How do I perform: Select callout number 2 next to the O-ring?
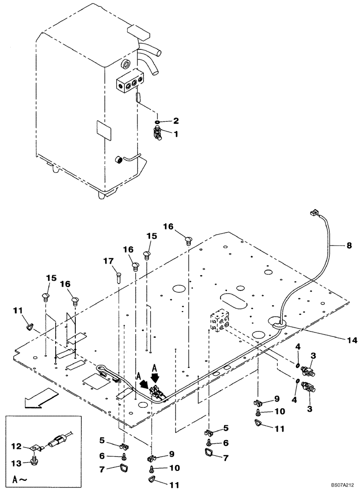click(x=176, y=120)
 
